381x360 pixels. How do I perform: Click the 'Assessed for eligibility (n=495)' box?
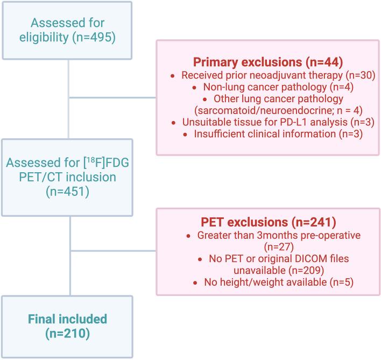point(67,30)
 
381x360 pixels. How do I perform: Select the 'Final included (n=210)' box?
point(67,326)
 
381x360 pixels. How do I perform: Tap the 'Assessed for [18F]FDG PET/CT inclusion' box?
point(67,178)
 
